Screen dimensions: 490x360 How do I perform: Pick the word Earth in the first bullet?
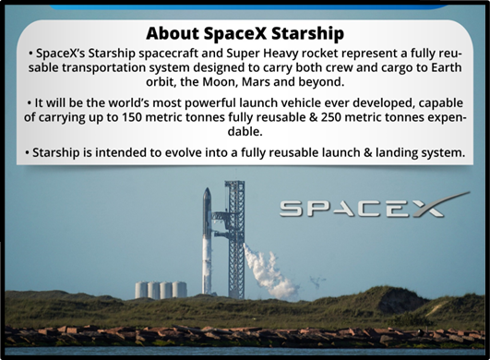(x=447, y=67)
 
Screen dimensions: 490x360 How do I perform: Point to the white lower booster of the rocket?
(x=207, y=265)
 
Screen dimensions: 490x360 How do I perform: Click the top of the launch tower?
(x=234, y=182)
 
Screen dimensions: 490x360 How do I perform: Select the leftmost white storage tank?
(x=141, y=290)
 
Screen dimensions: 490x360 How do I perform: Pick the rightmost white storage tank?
(x=180, y=290)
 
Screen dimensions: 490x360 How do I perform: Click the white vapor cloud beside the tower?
(x=268, y=272)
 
